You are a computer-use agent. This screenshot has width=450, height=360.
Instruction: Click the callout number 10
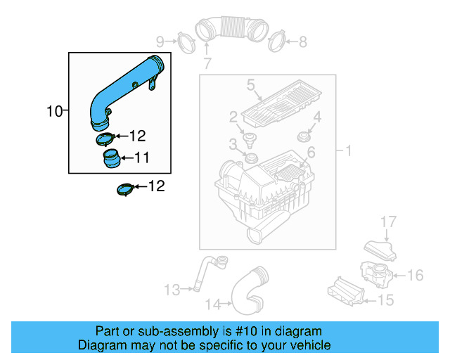pyautogui.click(x=54, y=111)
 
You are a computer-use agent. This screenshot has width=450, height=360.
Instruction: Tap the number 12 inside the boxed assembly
pyautogui.click(x=137, y=136)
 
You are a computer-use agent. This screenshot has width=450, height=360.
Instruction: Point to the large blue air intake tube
pyautogui.click(x=124, y=88)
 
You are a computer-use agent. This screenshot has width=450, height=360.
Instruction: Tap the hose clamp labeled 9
pyautogui.click(x=184, y=40)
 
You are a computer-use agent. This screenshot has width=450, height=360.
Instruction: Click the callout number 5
pyautogui.click(x=250, y=86)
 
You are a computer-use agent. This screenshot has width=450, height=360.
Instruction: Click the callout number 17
pyautogui.click(x=389, y=222)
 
